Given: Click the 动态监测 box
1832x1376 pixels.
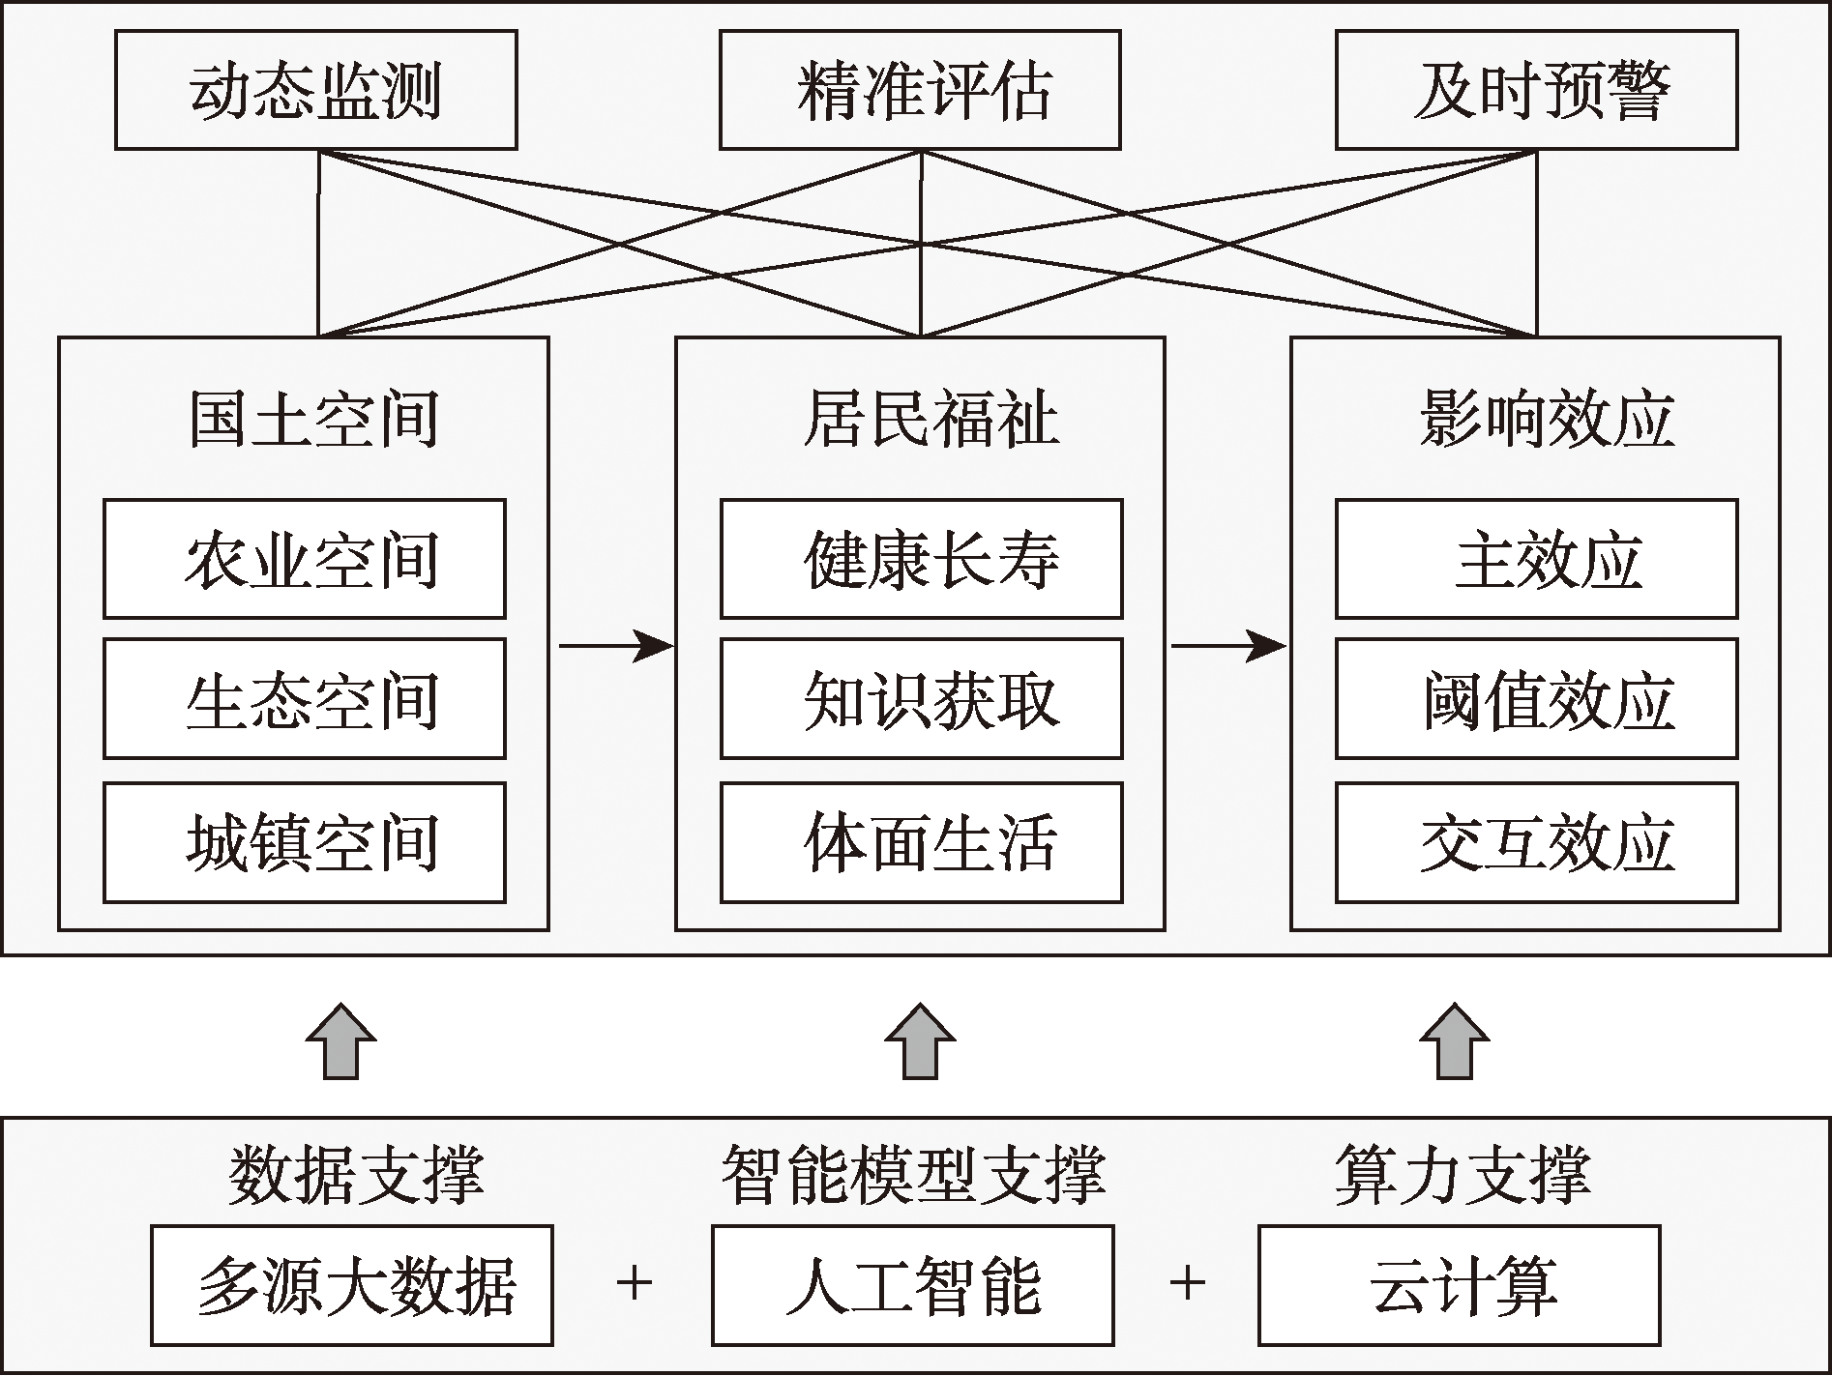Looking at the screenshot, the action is pos(316,90).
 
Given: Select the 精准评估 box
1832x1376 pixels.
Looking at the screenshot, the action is pos(920,90).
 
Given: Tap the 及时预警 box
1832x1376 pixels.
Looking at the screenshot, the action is pos(1536,90).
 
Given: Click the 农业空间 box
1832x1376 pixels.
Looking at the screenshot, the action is pos(305,559).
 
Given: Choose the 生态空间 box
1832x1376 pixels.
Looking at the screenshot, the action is pos(305,698).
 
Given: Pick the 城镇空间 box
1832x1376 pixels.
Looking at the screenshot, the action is pos(305,842).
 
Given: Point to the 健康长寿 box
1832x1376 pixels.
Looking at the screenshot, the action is pos(921,559).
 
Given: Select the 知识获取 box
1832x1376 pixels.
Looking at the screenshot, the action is pos(921,698).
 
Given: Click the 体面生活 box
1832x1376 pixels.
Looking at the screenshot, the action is pos(921,842).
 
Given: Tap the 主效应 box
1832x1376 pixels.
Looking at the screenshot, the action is pos(1537,559).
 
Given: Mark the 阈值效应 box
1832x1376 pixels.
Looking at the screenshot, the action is pos(1537,698).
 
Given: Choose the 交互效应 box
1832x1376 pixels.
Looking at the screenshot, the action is pos(1537,842).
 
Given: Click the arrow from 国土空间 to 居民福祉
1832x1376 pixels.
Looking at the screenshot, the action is pos(616,645).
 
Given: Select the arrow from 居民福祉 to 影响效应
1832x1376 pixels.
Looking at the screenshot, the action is pos(1229,645).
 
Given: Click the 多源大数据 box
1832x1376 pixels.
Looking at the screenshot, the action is pos(352,1285).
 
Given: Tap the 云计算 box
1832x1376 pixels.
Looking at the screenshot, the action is pos(1459,1285).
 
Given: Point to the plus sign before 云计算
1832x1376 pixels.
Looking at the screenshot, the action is pos(1187,1284).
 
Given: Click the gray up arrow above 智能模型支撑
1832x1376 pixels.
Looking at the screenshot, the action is pos(920,1041).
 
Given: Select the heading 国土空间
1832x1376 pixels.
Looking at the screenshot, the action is pos(314,420).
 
